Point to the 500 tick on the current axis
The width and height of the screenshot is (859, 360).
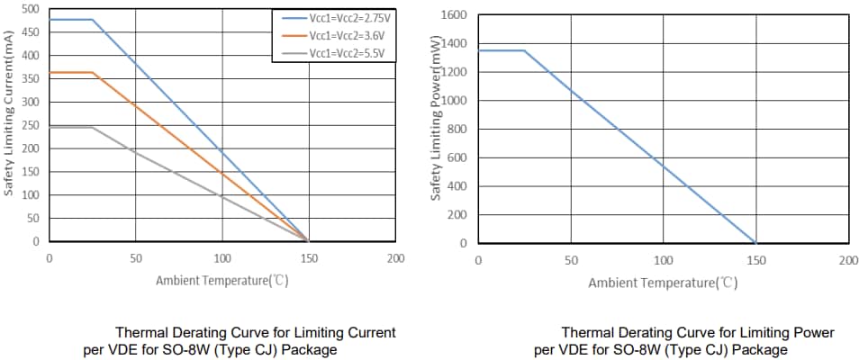click(x=30, y=9)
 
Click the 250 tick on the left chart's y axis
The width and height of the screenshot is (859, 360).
click(x=30, y=125)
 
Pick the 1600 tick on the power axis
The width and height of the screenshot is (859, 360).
click(x=455, y=15)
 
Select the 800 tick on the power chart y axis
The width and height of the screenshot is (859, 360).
click(x=457, y=130)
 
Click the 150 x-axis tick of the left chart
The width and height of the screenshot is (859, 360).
click(x=308, y=258)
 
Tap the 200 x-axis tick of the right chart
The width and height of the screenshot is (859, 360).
click(x=847, y=260)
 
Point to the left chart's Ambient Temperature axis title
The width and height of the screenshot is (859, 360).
click(x=222, y=280)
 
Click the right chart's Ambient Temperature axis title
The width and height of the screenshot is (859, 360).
click(x=663, y=283)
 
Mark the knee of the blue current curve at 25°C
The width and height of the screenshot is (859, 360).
click(x=93, y=20)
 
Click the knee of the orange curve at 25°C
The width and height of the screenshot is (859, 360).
click(x=93, y=73)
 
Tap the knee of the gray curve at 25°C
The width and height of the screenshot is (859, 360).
click(x=93, y=127)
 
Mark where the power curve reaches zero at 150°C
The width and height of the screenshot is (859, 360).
click(x=755, y=243)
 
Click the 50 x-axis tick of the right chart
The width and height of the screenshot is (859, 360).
click(x=571, y=260)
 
